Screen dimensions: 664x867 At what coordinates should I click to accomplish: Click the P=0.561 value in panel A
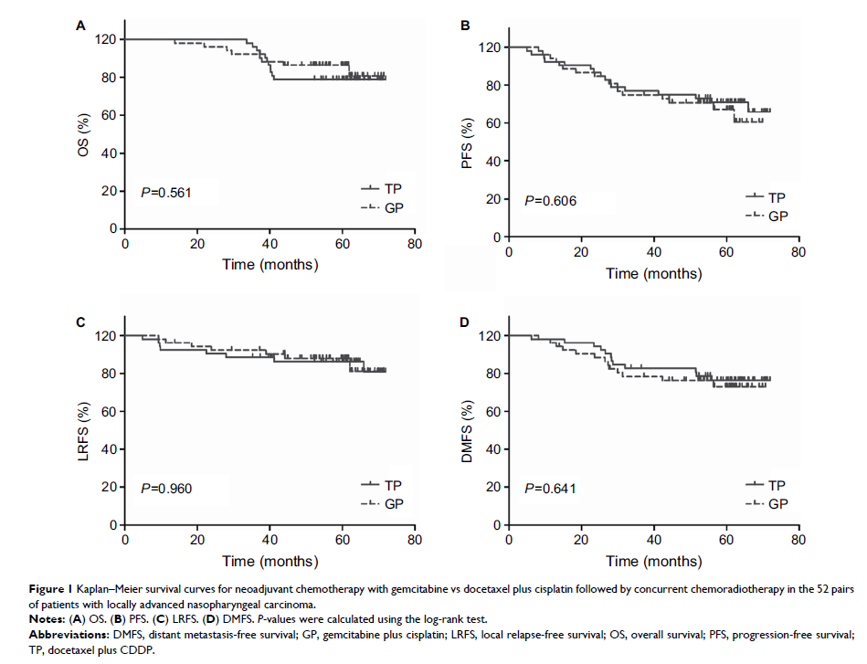166,192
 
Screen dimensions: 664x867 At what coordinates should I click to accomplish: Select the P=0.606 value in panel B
550,200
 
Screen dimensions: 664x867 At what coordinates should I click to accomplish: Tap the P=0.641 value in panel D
550,489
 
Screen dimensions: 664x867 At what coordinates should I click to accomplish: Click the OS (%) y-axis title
85,133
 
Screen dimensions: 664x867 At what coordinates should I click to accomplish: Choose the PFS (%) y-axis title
468,142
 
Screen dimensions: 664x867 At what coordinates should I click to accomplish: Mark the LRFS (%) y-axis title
85,430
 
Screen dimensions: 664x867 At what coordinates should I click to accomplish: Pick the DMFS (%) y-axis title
468,430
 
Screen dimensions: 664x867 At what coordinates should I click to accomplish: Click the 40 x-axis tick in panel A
270,244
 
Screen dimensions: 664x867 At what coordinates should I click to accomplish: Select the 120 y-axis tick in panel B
490,47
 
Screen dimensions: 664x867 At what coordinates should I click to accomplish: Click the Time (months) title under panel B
654,272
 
